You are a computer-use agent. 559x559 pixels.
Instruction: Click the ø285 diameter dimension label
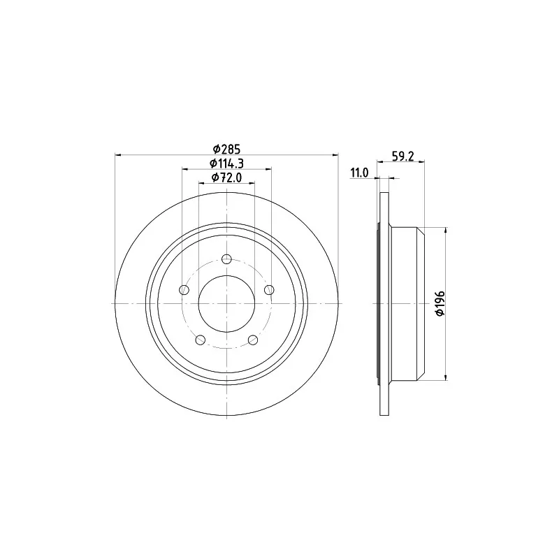tap(226, 148)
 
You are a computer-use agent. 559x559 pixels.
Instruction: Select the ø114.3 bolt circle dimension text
tap(226, 164)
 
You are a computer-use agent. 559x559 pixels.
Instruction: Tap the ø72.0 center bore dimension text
tap(226, 177)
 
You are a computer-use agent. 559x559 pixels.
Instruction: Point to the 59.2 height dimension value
tap(403, 156)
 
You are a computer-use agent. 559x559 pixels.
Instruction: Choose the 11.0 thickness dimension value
tap(359, 173)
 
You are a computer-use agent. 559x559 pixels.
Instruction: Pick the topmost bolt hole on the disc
tap(226, 259)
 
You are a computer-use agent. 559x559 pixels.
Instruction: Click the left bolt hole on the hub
tap(184, 289)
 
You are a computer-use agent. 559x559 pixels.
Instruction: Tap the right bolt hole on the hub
tap(269, 289)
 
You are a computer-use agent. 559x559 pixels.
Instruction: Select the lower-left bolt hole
tap(201, 340)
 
